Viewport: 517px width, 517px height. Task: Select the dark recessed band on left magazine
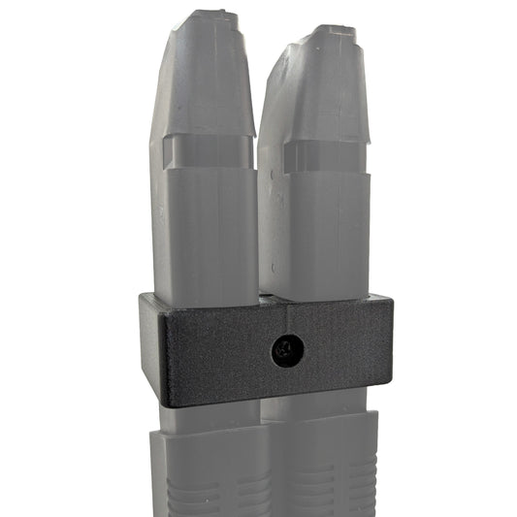tap(204, 151)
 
